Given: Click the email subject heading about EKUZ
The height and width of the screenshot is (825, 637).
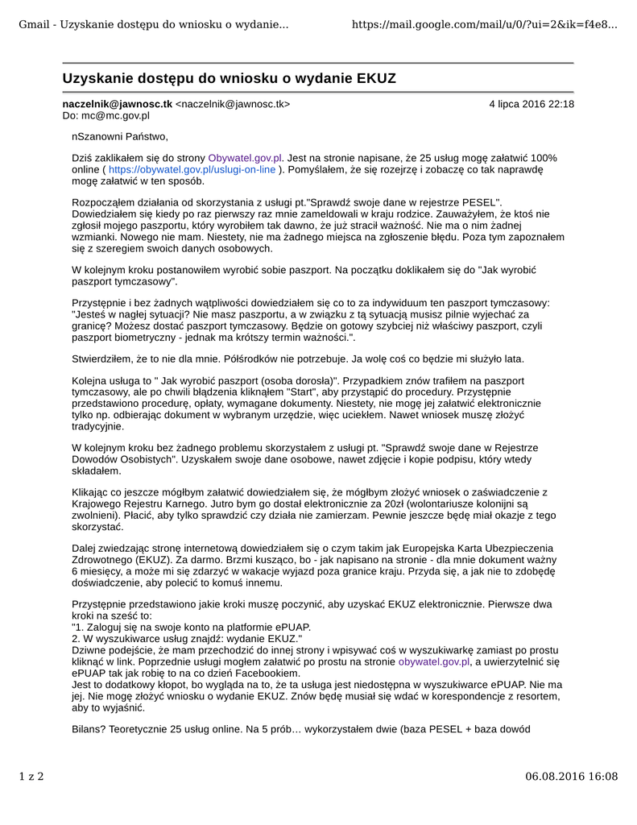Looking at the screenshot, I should click(230, 78).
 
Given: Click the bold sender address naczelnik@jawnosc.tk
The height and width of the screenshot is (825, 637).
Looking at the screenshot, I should click(118, 104).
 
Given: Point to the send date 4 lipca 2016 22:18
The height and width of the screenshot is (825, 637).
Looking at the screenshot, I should click(532, 104).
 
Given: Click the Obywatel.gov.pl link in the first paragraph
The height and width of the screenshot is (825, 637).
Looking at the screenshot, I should click(245, 158).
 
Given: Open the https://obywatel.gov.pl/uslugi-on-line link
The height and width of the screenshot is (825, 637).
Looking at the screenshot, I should click(192, 170).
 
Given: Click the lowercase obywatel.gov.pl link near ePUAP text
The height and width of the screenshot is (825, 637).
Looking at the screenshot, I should click(434, 661).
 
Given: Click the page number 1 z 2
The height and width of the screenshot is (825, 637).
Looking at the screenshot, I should click(31, 777).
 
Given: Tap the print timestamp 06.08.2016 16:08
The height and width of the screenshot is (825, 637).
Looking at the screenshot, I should click(571, 777).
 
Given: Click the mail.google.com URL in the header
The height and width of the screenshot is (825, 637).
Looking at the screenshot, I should click(486, 24).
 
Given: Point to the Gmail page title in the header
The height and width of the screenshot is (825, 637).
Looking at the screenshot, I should click(153, 24).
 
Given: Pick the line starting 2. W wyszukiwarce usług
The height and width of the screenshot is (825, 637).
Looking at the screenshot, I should click(187, 638).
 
